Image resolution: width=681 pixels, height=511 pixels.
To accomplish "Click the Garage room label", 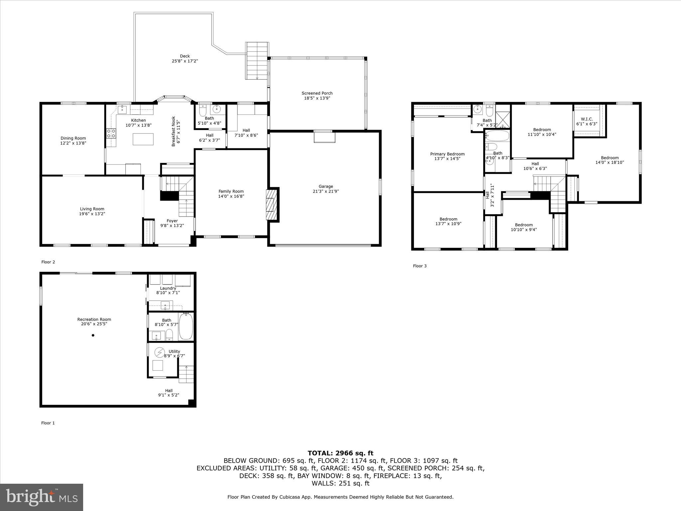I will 326,187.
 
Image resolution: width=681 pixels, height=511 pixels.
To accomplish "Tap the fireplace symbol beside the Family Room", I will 271,205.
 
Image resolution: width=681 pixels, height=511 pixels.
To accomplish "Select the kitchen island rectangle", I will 143,139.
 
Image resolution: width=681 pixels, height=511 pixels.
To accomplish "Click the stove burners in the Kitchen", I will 111,133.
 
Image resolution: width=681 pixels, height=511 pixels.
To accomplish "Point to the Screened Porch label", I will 317,93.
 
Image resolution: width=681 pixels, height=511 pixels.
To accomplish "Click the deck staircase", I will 257,61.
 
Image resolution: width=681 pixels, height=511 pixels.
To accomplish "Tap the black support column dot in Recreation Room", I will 93,335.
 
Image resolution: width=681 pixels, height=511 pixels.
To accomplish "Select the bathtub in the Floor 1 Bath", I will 186,326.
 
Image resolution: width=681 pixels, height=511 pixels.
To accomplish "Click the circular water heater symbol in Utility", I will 160,352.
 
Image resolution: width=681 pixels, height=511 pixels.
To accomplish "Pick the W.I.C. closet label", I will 587,119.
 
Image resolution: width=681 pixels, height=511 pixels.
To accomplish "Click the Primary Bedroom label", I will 447,154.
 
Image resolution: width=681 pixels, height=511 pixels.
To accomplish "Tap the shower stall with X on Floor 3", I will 502,120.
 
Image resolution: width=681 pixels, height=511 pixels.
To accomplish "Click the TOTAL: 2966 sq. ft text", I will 340,453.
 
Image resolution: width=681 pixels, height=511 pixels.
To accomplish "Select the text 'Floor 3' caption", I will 420,266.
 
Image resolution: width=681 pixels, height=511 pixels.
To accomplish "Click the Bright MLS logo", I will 41,497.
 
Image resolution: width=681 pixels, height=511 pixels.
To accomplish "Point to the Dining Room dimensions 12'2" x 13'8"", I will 73,143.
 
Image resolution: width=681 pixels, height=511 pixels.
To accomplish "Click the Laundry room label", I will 168,288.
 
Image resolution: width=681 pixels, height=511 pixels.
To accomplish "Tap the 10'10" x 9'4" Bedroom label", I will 524,227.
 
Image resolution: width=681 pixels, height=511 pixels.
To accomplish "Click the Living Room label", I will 92,209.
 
